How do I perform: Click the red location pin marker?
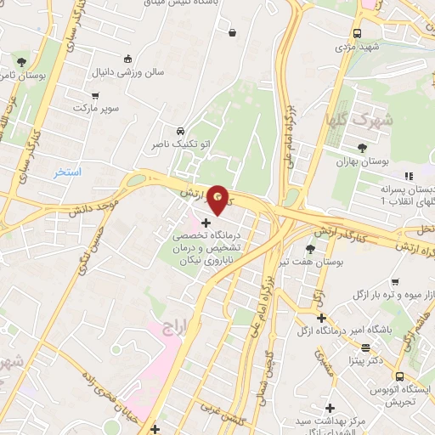219,198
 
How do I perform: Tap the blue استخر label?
68,172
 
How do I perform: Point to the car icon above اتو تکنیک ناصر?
181,132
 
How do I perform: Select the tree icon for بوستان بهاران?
363,148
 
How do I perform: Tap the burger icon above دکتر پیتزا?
365,347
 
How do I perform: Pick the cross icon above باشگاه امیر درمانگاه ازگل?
321,318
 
